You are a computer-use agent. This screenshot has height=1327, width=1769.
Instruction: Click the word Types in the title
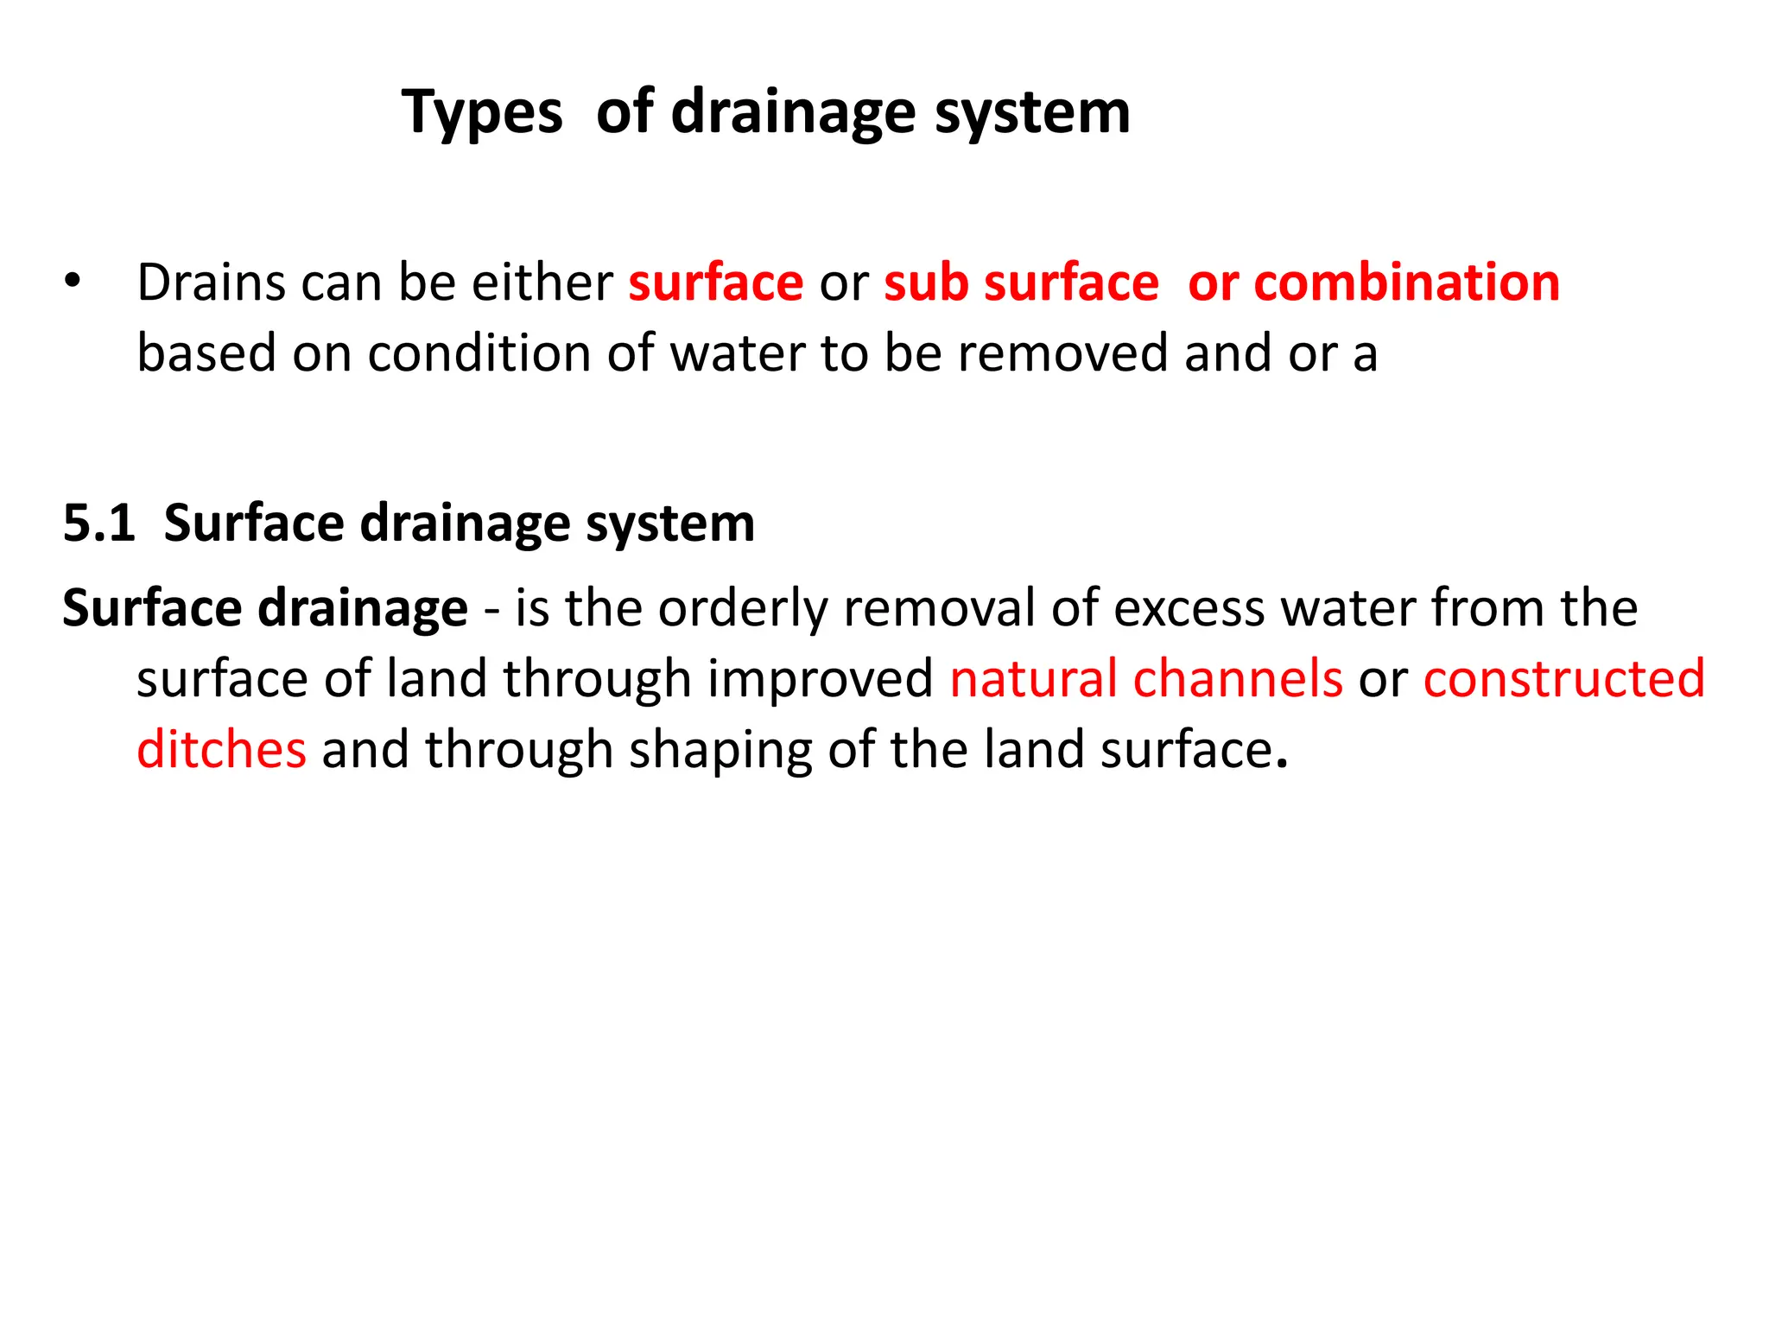click(482, 113)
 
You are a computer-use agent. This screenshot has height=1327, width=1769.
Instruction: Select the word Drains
click(211, 283)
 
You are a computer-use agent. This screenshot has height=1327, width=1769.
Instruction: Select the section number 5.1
click(99, 524)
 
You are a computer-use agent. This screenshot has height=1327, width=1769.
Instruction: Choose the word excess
click(1189, 608)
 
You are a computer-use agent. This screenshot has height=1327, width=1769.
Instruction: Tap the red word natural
click(1033, 679)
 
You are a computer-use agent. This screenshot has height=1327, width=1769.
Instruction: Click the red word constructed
click(1564, 679)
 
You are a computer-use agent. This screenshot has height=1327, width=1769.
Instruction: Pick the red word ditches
click(221, 750)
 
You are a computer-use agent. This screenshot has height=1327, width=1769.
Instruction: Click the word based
click(206, 353)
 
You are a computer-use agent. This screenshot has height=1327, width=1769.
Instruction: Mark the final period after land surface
click(1282, 765)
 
